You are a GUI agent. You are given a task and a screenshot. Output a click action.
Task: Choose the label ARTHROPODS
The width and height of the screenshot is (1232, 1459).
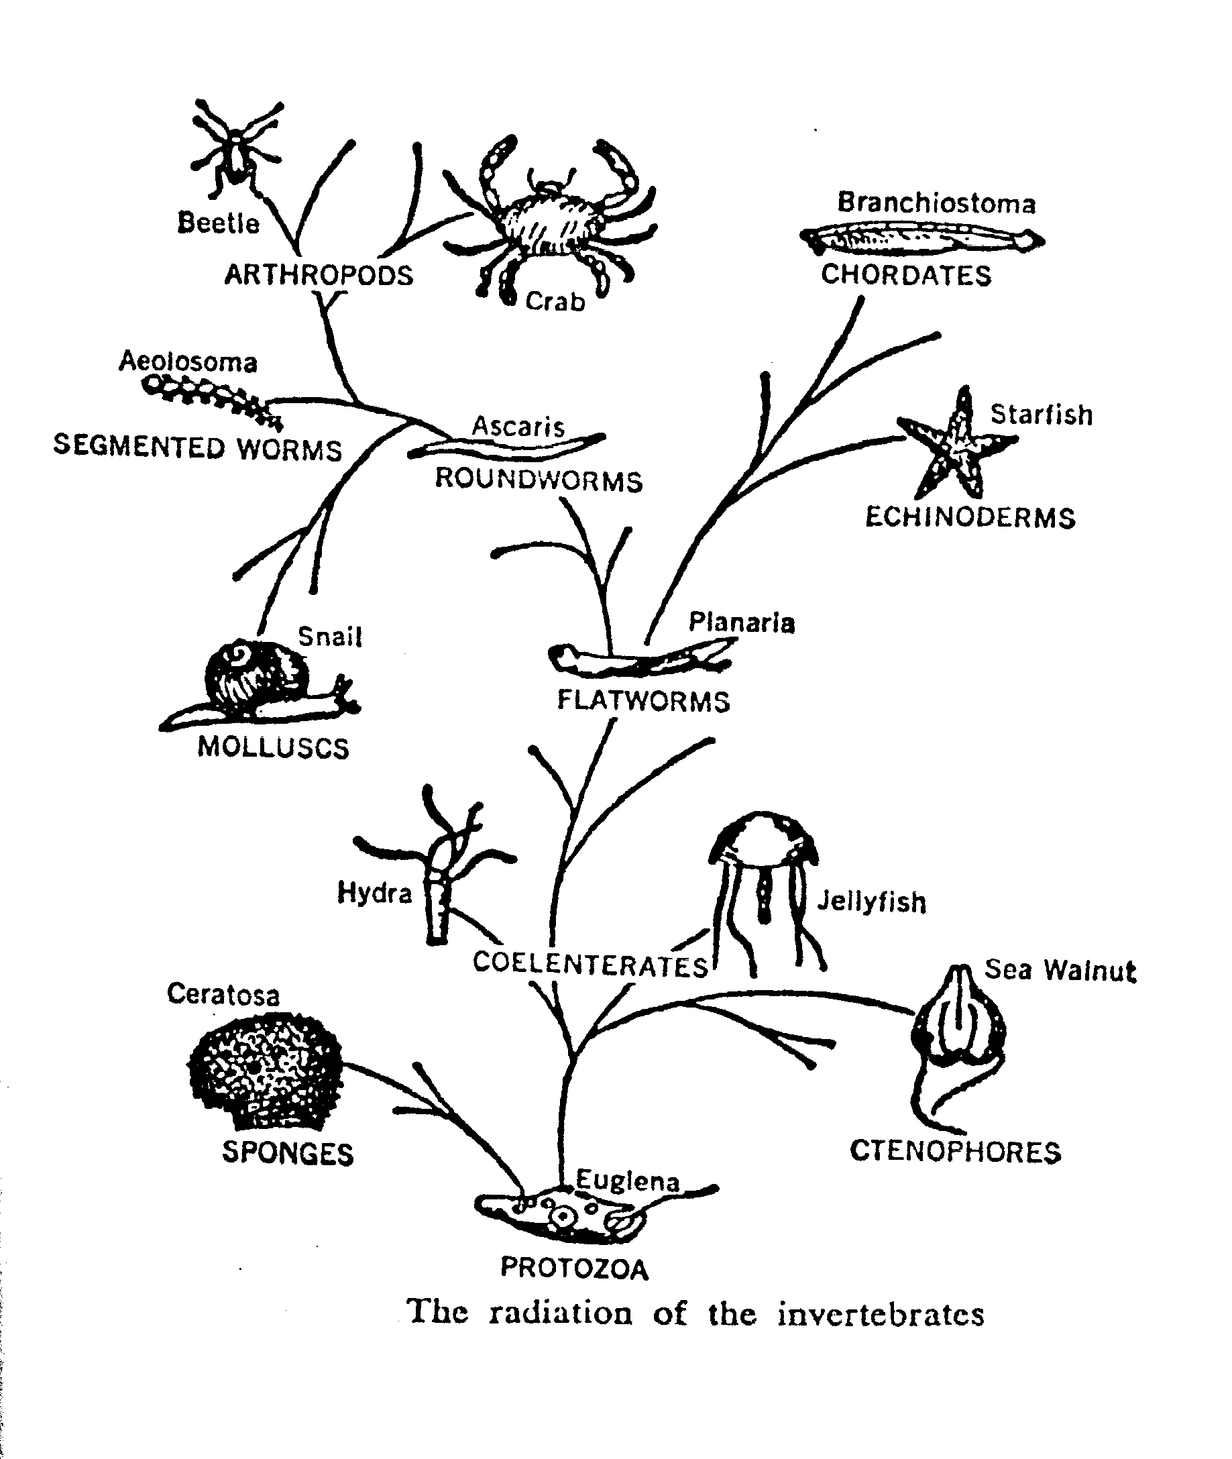click(x=319, y=275)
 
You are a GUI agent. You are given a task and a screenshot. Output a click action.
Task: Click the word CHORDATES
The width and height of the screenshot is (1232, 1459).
click(x=906, y=275)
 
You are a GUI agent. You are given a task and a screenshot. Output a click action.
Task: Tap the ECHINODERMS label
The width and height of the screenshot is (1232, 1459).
click(x=970, y=518)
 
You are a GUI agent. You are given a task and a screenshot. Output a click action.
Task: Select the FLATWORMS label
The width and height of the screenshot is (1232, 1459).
click(x=643, y=700)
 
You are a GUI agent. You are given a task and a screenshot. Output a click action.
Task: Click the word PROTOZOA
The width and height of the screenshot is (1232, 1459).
click(x=574, y=1268)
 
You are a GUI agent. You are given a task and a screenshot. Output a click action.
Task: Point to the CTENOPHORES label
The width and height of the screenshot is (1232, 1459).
click(x=955, y=1152)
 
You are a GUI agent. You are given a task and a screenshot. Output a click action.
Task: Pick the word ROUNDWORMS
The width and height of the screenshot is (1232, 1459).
click(x=539, y=480)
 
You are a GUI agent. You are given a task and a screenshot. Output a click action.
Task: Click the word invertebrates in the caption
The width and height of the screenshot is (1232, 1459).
click(x=881, y=1313)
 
